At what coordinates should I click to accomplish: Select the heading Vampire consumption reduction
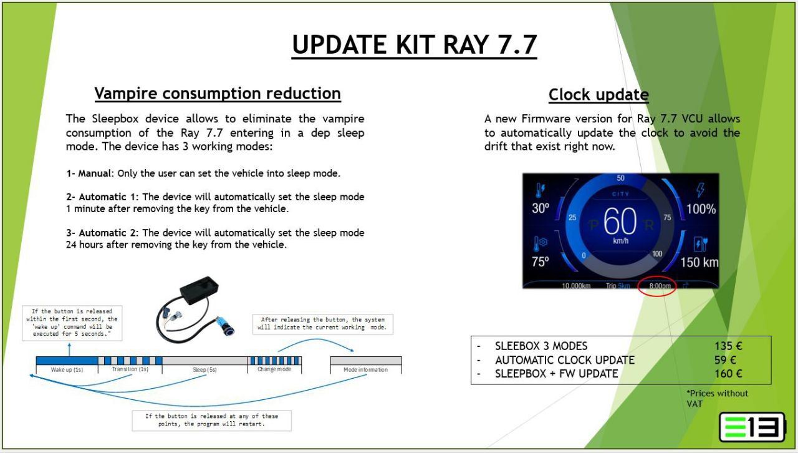(218, 94)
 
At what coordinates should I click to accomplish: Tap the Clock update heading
(598, 94)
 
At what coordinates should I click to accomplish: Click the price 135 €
(728, 346)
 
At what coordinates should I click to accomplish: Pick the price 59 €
(725, 360)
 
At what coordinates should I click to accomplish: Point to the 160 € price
(728, 374)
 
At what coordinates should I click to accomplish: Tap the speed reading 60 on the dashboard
(620, 221)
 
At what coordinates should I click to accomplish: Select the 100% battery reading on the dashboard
(701, 209)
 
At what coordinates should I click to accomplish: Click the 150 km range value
(699, 263)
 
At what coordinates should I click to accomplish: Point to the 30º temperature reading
(541, 208)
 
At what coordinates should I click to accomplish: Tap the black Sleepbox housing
(199, 290)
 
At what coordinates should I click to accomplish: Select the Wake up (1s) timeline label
(67, 370)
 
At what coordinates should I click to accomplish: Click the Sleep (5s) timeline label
(204, 370)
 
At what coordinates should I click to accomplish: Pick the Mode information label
(365, 370)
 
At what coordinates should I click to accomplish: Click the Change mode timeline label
(274, 369)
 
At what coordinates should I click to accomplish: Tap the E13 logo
(752, 427)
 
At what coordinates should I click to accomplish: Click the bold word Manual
(94, 173)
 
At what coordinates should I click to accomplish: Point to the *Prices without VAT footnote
(717, 399)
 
